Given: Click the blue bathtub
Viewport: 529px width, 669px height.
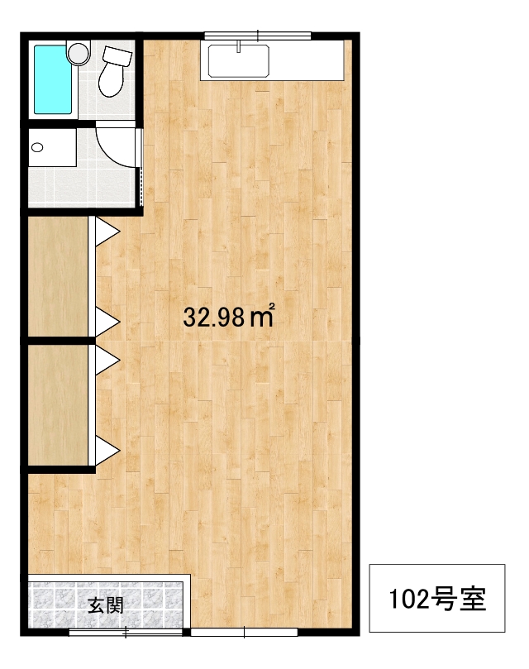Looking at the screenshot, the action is pos(53,79).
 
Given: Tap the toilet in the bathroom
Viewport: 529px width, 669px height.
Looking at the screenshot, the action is pos(114,71).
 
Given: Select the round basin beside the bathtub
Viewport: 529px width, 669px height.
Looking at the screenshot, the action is pos(78,53).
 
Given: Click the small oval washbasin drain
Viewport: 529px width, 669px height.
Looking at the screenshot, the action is pos(37,148).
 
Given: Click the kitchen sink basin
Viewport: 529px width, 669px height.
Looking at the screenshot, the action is pos(239,61).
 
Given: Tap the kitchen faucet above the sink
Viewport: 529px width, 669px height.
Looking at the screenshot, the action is pos(239,46).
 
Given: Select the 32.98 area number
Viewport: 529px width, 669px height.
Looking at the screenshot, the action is pos(214,317).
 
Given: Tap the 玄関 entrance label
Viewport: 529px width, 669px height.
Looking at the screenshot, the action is pos(106,605).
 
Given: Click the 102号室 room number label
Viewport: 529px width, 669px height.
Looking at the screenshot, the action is pos(437,599).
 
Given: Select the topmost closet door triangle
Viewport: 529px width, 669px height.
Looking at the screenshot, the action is pos(107,232).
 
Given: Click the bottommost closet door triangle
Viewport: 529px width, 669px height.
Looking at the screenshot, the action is pos(107,450).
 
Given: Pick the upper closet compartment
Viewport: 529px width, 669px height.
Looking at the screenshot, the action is pos(58,276).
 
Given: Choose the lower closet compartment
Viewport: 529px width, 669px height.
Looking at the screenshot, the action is pos(58,404).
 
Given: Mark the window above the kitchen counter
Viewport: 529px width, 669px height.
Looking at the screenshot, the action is pos(258,36).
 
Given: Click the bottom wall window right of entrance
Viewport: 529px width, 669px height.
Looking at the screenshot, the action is pos(244,632).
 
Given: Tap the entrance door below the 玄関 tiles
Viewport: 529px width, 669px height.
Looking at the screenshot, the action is pos(126,633).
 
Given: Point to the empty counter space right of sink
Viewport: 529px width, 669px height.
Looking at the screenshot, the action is pos(307,60).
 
